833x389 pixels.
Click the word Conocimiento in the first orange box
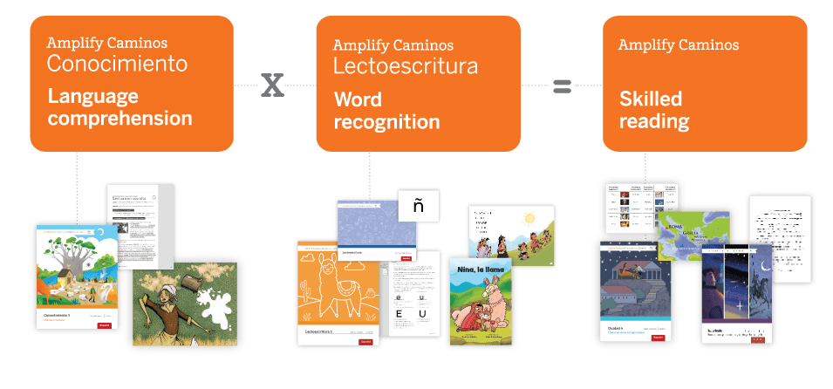click(116, 64)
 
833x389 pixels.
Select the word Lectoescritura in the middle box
click(405, 65)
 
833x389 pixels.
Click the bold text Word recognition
click(386, 111)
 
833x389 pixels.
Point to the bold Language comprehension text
click(119, 106)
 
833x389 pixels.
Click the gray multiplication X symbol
click(273, 85)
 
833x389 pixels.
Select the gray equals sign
click(562, 85)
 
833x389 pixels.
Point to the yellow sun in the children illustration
click(532, 218)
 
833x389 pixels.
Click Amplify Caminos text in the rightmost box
click(679, 44)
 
